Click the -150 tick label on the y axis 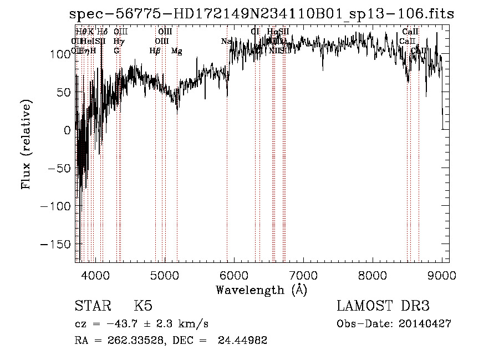point(58,244)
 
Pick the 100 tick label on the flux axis point(62,54)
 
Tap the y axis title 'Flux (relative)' point(27,144)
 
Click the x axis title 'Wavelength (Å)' point(261,290)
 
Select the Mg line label point(176,51)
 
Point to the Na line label point(226,41)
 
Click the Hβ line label point(155,51)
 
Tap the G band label point(116,51)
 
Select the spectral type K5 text point(143,306)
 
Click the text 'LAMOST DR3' point(383,306)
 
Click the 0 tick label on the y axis point(68,130)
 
